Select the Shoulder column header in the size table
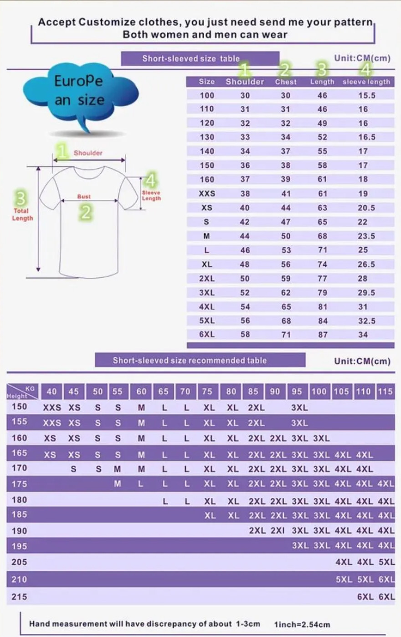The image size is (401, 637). pyautogui.click(x=245, y=82)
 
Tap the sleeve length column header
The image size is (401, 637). pyautogui.click(x=366, y=82)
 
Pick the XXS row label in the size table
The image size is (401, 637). pyautogui.click(x=207, y=194)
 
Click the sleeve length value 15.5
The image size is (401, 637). pyautogui.click(x=367, y=95)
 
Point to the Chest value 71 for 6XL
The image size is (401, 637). pyautogui.click(x=286, y=335)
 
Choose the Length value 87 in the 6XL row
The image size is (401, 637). pyautogui.click(x=323, y=335)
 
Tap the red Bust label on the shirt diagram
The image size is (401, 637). pyautogui.click(x=84, y=197)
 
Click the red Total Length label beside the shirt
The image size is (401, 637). pyautogui.click(x=22, y=214)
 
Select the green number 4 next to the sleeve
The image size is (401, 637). pyautogui.click(x=151, y=180)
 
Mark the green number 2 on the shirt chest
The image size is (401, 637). pyautogui.click(x=86, y=212)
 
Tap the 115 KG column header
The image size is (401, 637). pyautogui.click(x=385, y=392)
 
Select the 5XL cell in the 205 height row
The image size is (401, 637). pyautogui.click(x=386, y=562)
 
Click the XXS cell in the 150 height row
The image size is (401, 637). pyautogui.click(x=52, y=408)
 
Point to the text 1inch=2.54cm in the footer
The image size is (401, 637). pyautogui.click(x=302, y=625)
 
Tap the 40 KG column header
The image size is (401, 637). pyautogui.click(x=51, y=392)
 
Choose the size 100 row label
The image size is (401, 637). pyautogui.click(x=207, y=95)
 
